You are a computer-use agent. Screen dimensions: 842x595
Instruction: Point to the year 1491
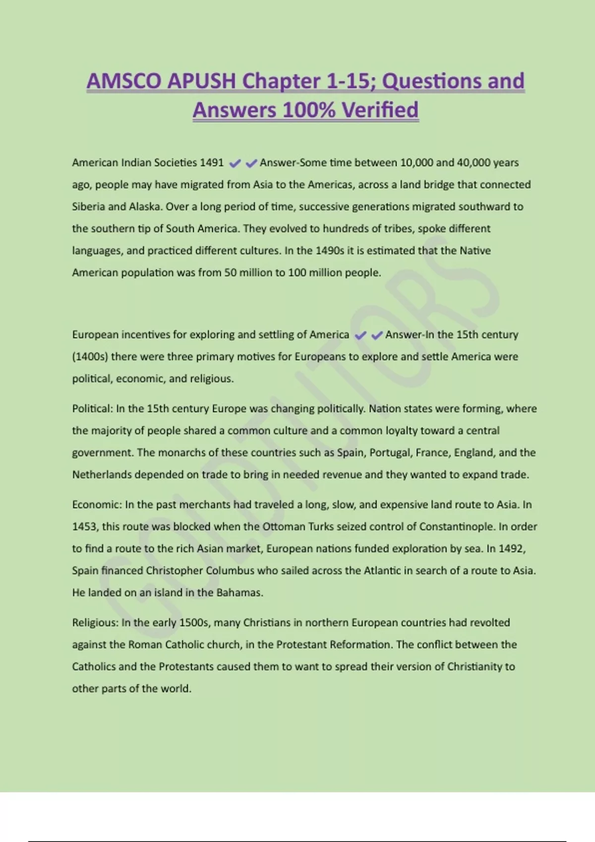(x=212, y=162)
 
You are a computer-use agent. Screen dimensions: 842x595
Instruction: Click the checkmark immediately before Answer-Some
(x=251, y=163)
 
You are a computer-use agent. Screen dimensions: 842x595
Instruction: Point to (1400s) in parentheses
(x=90, y=357)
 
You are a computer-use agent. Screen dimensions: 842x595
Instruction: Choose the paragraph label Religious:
(x=95, y=623)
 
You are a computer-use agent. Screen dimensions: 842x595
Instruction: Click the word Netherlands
(x=102, y=474)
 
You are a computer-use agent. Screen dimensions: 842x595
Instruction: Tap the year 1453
(x=85, y=526)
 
